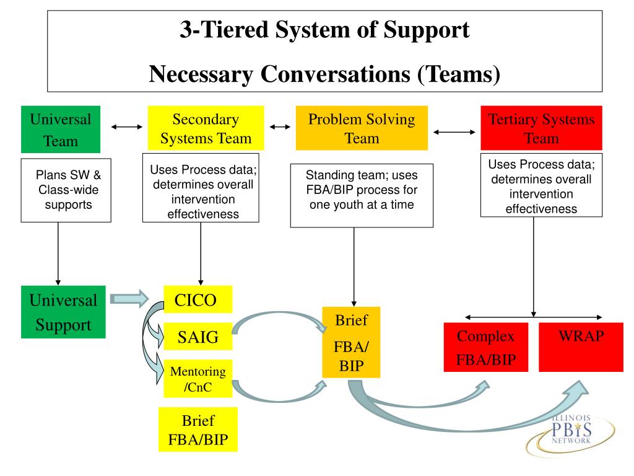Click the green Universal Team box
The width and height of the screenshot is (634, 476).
[x=61, y=129]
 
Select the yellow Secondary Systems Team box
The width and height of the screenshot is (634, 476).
[x=206, y=128]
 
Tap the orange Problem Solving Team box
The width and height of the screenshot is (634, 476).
[x=362, y=128]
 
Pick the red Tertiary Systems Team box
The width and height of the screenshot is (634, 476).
[x=541, y=128]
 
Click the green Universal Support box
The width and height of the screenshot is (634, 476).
[x=63, y=312]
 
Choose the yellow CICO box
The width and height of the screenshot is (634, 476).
[x=198, y=299]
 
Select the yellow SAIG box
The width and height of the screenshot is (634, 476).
[x=198, y=337]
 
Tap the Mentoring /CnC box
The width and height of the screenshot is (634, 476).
[x=198, y=379]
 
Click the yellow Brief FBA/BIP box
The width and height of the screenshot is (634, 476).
[x=198, y=430]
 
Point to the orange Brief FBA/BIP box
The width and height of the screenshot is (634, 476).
[x=351, y=342]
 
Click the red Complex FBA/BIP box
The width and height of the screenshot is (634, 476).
[x=486, y=347]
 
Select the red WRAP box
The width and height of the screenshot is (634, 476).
[x=581, y=347]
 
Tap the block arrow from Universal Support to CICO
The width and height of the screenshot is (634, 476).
[x=129, y=299]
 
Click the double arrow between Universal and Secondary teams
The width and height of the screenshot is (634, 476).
[x=127, y=127]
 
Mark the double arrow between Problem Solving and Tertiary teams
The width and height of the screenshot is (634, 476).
[x=454, y=132]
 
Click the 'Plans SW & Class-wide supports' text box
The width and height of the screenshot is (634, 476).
[x=66, y=190]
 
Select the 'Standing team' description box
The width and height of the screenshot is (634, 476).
[x=362, y=195]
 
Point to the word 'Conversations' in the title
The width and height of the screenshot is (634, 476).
[x=335, y=74]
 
